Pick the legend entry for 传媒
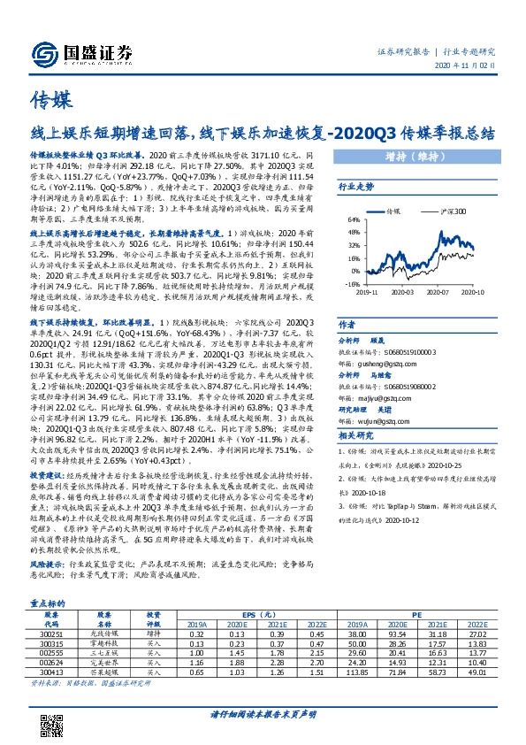point(393,212)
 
